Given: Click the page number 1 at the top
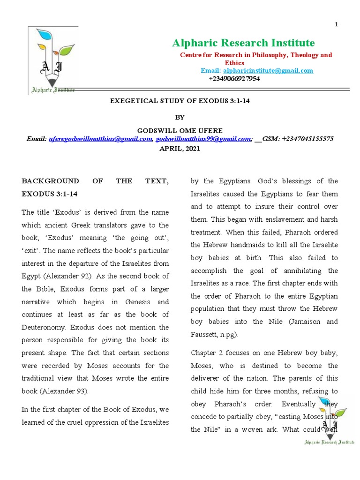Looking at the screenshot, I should pos(336,25).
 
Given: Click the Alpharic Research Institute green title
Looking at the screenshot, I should pos(243,43).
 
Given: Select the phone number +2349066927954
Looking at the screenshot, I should pos(234,78).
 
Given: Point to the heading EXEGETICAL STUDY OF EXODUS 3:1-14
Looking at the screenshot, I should pos(180,101).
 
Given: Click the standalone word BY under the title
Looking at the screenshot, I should pos(180,117).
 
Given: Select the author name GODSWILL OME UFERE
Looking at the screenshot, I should pos(180,130).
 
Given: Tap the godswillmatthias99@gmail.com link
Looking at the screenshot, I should pos(203,139).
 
